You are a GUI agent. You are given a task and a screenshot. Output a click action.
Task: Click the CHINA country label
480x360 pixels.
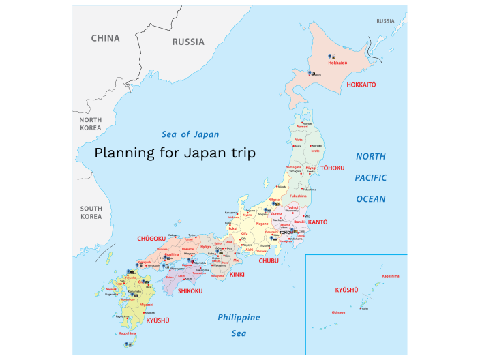[105, 38]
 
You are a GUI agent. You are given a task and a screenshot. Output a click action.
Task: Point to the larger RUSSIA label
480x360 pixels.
[187, 42]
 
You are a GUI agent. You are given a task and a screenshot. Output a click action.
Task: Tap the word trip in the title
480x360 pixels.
[242, 153]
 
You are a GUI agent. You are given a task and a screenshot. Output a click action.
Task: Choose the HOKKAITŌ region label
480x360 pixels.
[361, 85]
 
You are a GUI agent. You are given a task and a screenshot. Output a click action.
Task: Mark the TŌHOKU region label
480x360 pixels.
[333, 168]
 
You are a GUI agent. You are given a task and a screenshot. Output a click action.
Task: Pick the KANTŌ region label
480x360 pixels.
[318, 222]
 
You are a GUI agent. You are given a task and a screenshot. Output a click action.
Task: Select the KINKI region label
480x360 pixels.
[237, 273]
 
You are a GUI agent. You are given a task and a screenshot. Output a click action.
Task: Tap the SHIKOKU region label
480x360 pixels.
[192, 290]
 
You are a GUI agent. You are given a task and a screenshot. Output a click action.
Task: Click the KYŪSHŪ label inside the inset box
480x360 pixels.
[346, 290]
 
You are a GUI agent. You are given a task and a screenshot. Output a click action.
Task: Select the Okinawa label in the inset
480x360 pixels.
[338, 312]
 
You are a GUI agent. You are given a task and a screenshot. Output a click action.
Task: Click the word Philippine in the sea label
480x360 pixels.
[239, 318]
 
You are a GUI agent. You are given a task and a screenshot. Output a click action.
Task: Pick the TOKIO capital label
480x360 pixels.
[285, 232]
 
